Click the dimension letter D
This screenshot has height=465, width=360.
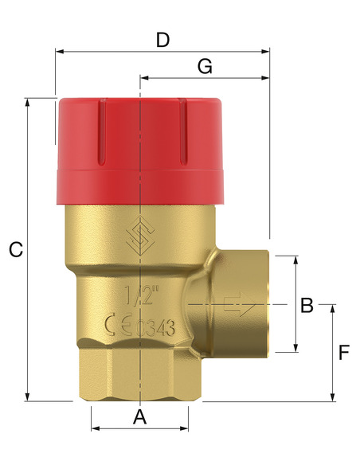point(162,40)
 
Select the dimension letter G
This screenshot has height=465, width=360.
point(205,66)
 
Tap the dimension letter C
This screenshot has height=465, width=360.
point(16,249)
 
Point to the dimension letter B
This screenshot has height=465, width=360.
point(307,305)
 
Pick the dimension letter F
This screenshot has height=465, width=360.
point(344,353)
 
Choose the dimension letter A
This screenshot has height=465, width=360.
point(140,417)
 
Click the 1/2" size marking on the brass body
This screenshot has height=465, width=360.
point(139,295)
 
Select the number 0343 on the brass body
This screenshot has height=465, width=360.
point(155,328)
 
